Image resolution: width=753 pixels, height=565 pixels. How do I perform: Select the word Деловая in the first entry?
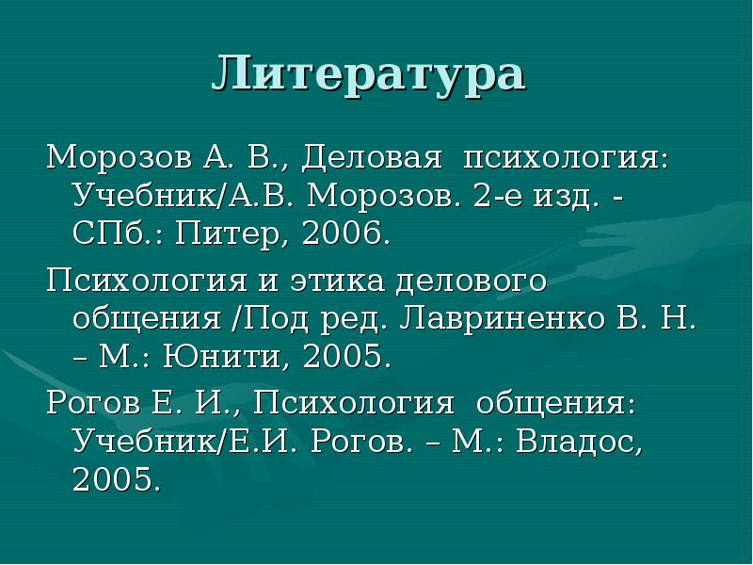tap(373, 157)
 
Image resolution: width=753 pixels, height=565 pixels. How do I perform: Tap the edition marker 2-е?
tap(495, 198)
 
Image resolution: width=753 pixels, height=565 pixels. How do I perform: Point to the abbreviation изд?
tap(557, 198)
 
